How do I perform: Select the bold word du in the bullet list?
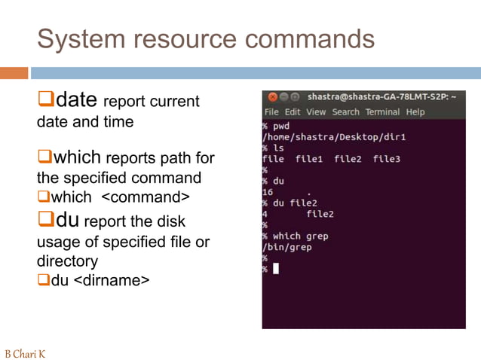[x=66, y=221]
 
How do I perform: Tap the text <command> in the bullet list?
[x=144, y=197]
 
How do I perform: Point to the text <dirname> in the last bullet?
[x=112, y=281]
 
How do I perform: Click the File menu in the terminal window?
[x=271, y=111]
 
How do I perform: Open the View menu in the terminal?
[x=316, y=111]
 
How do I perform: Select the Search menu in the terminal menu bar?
[x=345, y=111]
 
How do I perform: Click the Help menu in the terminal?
[x=415, y=111]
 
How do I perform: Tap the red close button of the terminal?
[x=273, y=97]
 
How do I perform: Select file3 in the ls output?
[x=386, y=159]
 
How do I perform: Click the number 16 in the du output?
[x=268, y=192]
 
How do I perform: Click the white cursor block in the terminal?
[x=276, y=269]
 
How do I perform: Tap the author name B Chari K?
[x=25, y=353]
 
